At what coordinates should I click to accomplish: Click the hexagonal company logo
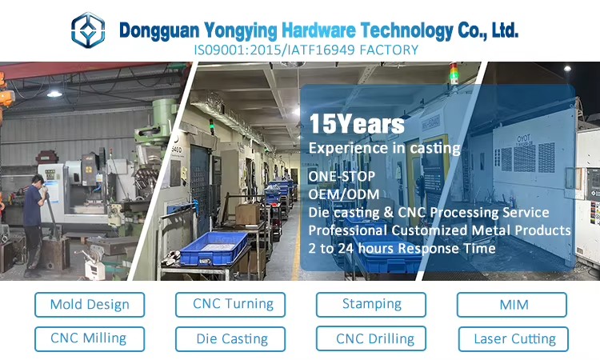pyautogui.click(x=88, y=30)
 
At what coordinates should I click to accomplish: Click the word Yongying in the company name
pyautogui.click(x=240, y=30)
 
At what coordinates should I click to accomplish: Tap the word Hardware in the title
pyautogui.click(x=318, y=30)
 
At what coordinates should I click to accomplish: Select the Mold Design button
pyautogui.click(x=90, y=305)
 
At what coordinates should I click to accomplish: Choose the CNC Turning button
pyautogui.click(x=230, y=305)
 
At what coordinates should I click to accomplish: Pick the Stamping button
pyautogui.click(x=371, y=305)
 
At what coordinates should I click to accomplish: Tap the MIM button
pyautogui.click(x=512, y=305)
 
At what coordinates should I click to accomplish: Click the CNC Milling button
pyautogui.click(x=90, y=339)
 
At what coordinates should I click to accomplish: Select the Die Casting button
pyautogui.click(x=230, y=339)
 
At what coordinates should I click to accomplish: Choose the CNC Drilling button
pyautogui.click(x=371, y=338)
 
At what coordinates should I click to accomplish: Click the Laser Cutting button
pyautogui.click(x=514, y=339)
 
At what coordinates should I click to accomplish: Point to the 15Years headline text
pyautogui.click(x=357, y=124)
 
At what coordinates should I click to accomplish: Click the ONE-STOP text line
pyautogui.click(x=342, y=176)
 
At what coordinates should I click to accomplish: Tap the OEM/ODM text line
pyautogui.click(x=344, y=194)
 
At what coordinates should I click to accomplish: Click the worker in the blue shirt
pyautogui.click(x=35, y=225)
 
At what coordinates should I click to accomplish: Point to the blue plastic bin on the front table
pyautogui.click(x=214, y=248)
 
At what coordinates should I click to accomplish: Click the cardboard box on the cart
pyautogui.click(x=247, y=214)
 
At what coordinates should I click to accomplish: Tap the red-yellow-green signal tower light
pyautogui.click(x=454, y=73)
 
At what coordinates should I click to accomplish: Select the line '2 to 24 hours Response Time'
pyautogui.click(x=402, y=249)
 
